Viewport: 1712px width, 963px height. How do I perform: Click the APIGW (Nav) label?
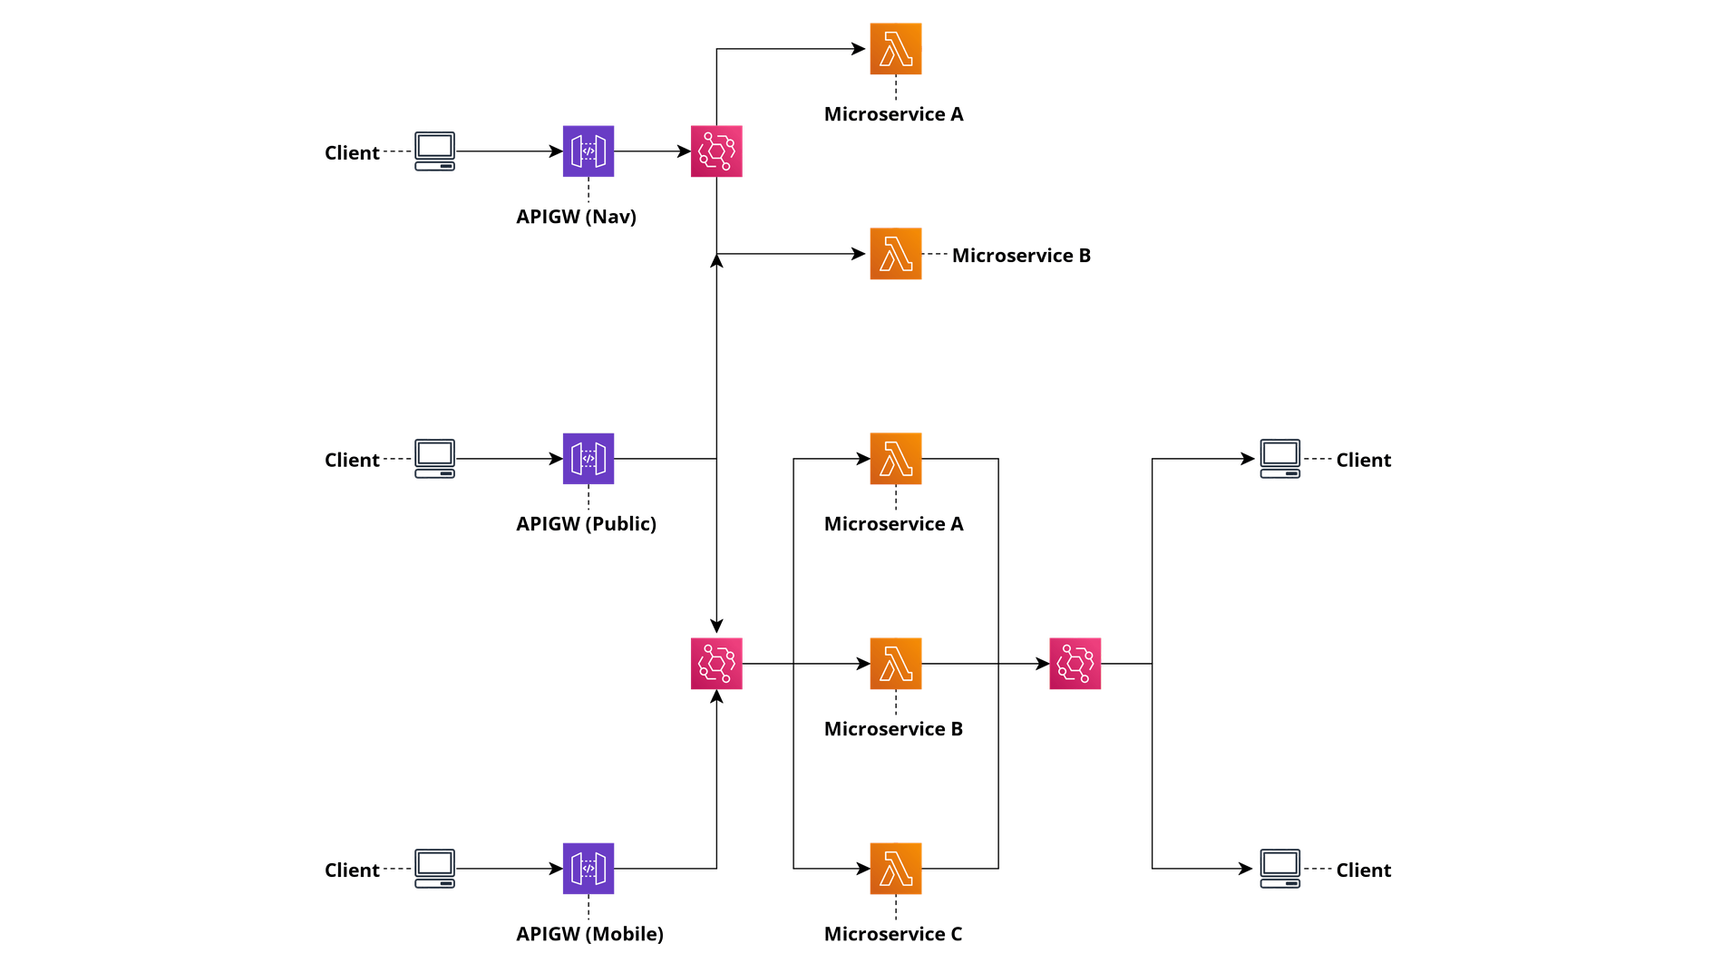(x=577, y=217)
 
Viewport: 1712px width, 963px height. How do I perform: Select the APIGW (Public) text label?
(x=586, y=524)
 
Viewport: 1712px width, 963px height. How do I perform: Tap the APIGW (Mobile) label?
(x=589, y=934)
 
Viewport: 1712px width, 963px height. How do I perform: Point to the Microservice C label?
(x=894, y=934)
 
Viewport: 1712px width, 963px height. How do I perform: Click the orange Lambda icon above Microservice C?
(x=896, y=869)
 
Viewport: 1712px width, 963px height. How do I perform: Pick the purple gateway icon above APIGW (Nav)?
(x=588, y=151)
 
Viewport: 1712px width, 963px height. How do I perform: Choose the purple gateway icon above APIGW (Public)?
(x=588, y=459)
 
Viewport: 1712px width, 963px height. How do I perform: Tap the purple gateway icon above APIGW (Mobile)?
(x=588, y=869)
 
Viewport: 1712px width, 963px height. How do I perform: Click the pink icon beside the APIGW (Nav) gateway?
(x=716, y=151)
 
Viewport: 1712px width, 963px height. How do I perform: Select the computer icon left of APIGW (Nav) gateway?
(x=434, y=151)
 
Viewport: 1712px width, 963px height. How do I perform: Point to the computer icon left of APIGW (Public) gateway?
(x=434, y=459)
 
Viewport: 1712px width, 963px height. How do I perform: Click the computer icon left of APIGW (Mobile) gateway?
(x=434, y=869)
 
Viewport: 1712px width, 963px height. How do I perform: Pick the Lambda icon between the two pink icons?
(x=896, y=664)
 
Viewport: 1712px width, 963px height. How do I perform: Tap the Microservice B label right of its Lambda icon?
(x=1021, y=256)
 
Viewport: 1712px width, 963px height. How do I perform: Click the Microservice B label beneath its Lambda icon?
(x=894, y=729)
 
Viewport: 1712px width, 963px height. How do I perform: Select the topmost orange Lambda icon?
(x=896, y=49)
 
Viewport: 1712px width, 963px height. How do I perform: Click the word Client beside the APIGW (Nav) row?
(x=352, y=152)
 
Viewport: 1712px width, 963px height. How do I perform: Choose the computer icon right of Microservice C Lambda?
(x=1279, y=869)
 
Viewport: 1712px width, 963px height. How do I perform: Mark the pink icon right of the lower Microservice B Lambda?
(x=1075, y=664)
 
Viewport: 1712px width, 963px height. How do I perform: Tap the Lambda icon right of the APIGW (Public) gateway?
(x=896, y=459)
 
